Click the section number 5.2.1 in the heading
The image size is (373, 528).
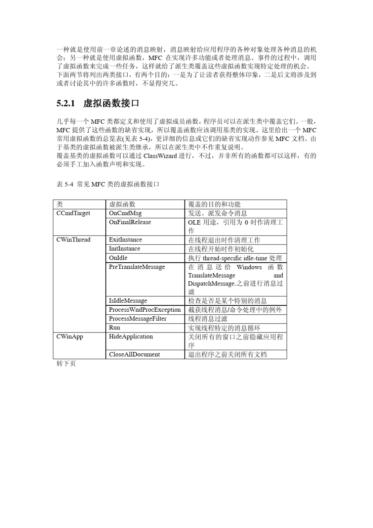tap(66, 104)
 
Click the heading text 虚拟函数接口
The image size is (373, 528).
tap(112, 104)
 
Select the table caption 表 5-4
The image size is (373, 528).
tap(65, 184)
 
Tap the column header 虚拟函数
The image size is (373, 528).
tap(122, 204)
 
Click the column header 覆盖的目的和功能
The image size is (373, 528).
tap(214, 204)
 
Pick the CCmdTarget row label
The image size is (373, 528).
tap(73, 213)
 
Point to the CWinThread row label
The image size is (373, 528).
tap(73, 240)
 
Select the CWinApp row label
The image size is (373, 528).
tap(70, 336)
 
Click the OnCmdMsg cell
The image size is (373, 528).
tap(125, 213)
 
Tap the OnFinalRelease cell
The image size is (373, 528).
tap(130, 222)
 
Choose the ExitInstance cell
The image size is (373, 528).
tap(126, 240)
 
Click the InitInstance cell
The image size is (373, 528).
tap(124, 248)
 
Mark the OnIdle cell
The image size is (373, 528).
tap(118, 258)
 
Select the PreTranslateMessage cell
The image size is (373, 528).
tap(137, 267)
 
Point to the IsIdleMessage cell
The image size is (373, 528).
tap(128, 301)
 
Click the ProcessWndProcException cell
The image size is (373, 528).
tap(145, 310)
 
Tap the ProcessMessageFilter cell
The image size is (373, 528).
tap(138, 319)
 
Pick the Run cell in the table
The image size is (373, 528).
tap(115, 328)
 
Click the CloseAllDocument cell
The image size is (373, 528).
tap(134, 354)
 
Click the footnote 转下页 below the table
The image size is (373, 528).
tap(66, 364)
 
